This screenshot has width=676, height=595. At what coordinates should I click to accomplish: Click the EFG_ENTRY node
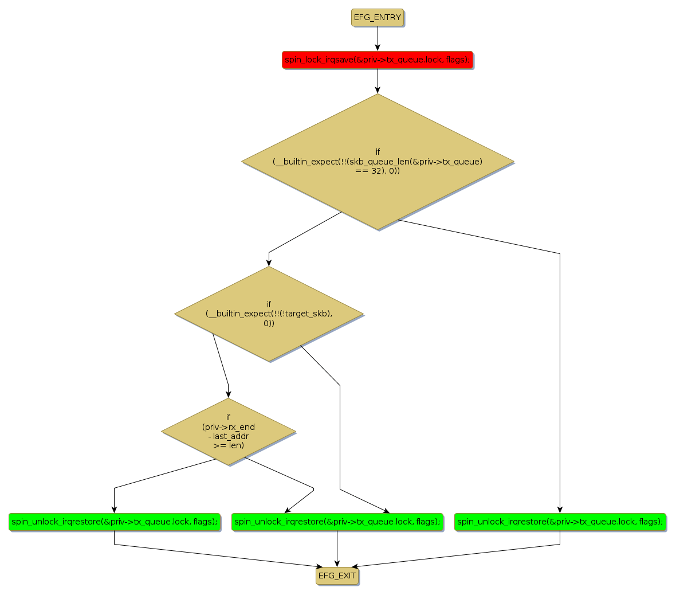(377, 17)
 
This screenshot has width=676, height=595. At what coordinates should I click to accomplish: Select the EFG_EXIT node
(337, 576)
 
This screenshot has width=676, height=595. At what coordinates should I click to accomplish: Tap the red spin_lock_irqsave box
(377, 60)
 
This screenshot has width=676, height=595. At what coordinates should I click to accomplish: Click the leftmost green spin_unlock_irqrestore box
(114, 522)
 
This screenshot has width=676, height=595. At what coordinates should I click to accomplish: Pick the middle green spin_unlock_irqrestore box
(337, 522)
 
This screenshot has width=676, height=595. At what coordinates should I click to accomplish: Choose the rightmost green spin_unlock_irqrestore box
(560, 522)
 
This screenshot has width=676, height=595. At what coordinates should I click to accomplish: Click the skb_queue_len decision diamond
(378, 162)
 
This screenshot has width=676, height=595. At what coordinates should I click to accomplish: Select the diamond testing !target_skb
(269, 314)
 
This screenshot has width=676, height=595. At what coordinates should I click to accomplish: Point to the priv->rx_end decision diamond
(228, 431)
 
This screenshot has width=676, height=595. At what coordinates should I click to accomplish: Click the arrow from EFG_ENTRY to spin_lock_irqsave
(378, 38)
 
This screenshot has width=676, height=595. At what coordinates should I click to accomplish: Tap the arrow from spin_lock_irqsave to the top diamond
(378, 80)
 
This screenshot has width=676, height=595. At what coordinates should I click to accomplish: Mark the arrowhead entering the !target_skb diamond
(269, 263)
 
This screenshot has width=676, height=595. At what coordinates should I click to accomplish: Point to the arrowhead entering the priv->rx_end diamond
(228, 394)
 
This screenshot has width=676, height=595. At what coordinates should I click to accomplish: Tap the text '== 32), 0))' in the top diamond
(378, 171)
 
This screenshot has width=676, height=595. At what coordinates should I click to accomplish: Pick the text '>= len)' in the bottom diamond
(228, 445)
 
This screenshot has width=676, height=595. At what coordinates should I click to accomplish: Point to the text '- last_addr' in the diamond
(228, 436)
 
